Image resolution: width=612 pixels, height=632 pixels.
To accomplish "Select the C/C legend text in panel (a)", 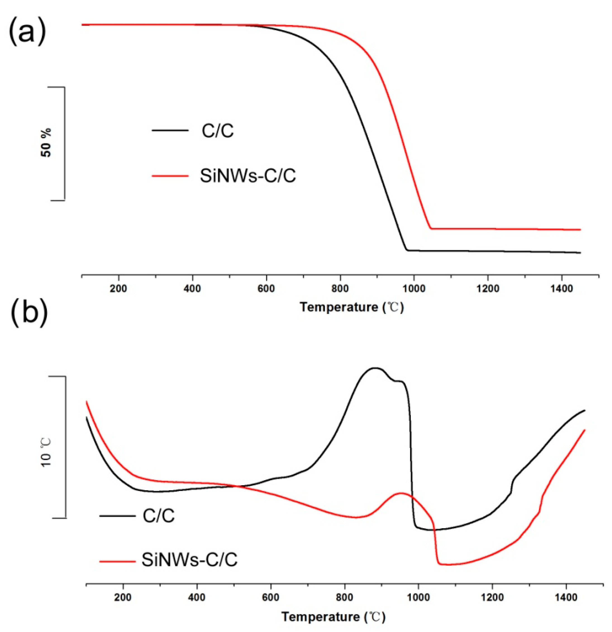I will [218, 131].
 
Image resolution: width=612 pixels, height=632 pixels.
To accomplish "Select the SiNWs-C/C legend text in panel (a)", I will [247, 176].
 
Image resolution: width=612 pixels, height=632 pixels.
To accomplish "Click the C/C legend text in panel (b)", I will [159, 516].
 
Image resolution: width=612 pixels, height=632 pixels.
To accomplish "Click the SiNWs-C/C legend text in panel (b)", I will [189, 560].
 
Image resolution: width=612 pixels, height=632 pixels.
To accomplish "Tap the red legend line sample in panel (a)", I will [170, 176].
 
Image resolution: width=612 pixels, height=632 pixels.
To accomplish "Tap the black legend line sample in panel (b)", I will [117, 516].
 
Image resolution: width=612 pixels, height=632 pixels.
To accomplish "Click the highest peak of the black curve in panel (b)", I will [375, 368].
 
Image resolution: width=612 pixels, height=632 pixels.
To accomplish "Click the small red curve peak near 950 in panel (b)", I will [401, 493].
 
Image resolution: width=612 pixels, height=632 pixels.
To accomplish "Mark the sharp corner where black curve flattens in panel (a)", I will [407, 250].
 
